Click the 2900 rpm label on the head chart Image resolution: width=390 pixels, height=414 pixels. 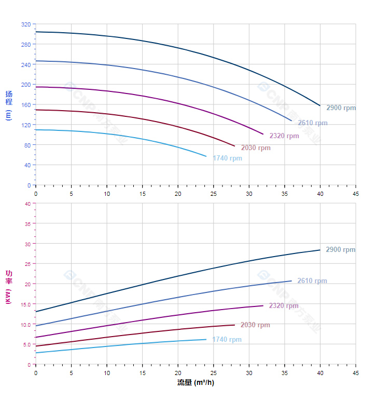[x=341, y=108]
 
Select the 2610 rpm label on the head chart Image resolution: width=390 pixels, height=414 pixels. [x=312, y=123]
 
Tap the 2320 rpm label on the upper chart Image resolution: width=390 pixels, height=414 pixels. [x=284, y=136]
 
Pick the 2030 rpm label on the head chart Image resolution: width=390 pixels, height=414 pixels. [x=256, y=148]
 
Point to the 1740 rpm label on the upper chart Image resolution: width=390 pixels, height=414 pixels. [x=227, y=158]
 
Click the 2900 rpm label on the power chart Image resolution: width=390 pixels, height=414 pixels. [x=340, y=250]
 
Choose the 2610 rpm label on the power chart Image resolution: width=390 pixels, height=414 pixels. [x=312, y=281]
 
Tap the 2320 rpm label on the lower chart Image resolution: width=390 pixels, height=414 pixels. [x=283, y=306]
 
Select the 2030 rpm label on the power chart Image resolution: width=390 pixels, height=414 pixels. [x=255, y=325]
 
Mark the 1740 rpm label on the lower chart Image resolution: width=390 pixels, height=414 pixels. [x=227, y=340]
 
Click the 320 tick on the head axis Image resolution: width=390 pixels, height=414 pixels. [x=26, y=24]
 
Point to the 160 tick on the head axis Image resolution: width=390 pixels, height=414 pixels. [x=26, y=105]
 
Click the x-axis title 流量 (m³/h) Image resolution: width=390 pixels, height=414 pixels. [x=196, y=383]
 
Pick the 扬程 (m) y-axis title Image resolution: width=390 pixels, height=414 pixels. [x=8, y=105]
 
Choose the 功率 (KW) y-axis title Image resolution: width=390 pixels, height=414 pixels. [x=8, y=287]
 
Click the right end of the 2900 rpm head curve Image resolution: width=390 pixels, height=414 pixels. [x=320, y=105]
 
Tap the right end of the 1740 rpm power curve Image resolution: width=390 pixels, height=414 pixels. [x=206, y=340]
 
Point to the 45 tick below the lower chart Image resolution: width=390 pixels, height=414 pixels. [x=355, y=373]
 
